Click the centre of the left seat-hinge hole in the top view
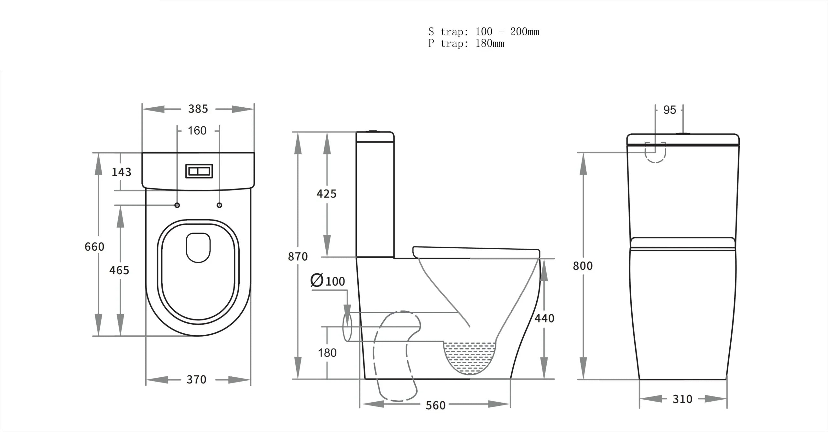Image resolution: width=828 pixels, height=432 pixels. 177,205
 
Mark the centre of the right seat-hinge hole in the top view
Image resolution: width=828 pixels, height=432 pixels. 220,205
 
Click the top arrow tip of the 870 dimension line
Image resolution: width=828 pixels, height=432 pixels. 298,132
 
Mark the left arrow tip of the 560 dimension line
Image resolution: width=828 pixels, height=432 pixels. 361,404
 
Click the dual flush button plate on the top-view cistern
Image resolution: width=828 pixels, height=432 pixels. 199,171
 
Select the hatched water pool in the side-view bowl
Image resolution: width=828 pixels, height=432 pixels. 470,357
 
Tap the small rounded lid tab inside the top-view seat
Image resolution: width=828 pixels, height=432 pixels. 198,248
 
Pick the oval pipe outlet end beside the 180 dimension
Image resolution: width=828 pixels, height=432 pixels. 347,327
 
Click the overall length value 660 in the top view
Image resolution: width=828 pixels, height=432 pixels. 94,247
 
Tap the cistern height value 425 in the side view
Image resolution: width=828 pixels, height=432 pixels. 326,194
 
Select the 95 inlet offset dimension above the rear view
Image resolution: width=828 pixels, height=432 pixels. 670,110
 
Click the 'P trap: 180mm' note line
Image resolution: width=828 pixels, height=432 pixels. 466,43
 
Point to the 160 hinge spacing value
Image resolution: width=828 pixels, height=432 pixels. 197,131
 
